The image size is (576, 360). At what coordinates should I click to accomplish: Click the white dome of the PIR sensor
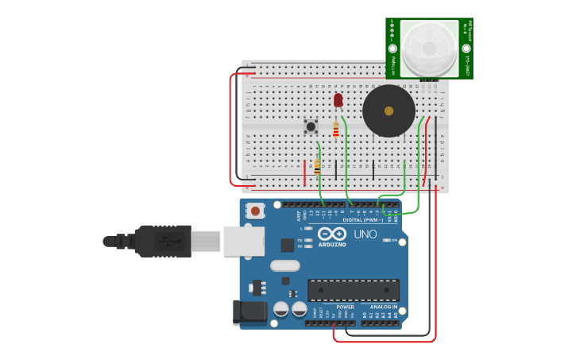click(429, 48)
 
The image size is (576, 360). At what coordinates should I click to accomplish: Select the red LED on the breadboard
click(338, 100)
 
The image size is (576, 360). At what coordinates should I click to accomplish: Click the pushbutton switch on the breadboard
click(311, 126)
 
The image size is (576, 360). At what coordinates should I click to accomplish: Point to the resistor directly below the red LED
click(336, 130)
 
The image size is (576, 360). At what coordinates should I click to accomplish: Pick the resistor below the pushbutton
click(317, 167)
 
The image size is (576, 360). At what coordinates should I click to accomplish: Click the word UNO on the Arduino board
click(365, 234)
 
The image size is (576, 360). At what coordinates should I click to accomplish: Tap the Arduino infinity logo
click(331, 234)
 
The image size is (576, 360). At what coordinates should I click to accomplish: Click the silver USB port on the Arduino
click(243, 241)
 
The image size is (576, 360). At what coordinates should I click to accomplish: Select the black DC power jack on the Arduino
click(249, 312)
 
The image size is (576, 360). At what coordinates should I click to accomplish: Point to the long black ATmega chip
click(353, 290)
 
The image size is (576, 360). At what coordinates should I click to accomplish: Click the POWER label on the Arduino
click(345, 307)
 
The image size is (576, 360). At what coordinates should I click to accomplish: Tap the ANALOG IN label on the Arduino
click(383, 307)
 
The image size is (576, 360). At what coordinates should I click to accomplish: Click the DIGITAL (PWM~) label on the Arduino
click(361, 220)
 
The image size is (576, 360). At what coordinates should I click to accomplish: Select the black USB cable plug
click(163, 241)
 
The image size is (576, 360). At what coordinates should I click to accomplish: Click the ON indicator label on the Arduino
click(394, 240)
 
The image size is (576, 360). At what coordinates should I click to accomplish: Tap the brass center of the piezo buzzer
click(389, 111)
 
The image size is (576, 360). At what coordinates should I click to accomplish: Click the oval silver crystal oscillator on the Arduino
click(284, 266)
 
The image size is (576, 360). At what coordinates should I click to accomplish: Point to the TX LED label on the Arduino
click(300, 240)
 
